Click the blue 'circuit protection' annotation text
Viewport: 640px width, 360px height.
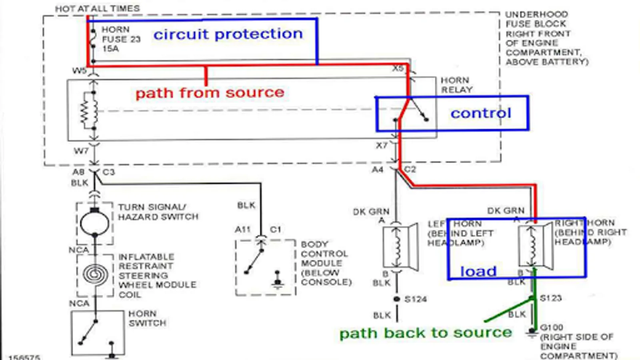point(228,34)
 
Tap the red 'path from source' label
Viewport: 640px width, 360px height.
point(210,93)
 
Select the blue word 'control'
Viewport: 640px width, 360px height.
point(481,113)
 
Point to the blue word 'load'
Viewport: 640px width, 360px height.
point(478,272)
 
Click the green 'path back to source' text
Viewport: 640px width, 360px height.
point(426,333)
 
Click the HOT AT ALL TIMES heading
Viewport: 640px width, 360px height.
point(97,8)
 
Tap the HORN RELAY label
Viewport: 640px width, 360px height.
point(456,85)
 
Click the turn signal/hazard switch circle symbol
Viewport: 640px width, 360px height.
point(95,223)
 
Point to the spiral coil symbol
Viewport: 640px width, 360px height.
point(95,275)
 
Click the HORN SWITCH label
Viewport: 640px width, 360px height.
point(147,318)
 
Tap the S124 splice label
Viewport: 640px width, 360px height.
point(416,299)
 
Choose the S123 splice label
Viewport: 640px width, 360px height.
point(551,298)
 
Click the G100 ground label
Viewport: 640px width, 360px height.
point(551,328)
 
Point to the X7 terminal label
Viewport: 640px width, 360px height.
point(382,145)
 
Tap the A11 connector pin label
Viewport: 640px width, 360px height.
point(243,230)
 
